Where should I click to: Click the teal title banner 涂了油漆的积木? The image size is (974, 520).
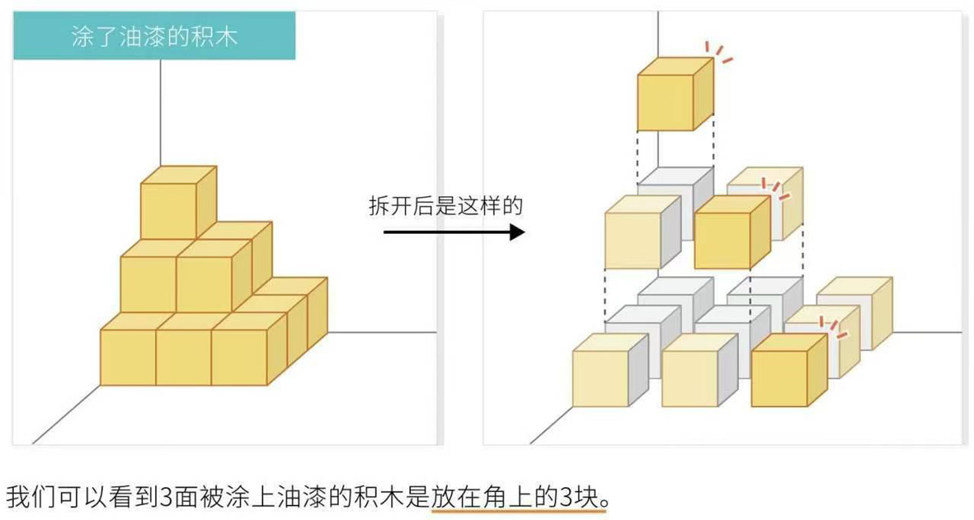(155, 37)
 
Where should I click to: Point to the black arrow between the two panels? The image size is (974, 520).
(454, 232)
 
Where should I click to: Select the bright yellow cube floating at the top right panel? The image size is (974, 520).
(665, 102)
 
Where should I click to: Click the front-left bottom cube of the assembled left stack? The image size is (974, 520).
(129, 358)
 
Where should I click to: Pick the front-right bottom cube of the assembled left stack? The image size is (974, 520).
(239, 358)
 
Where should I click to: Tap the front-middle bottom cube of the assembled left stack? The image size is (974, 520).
(184, 358)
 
